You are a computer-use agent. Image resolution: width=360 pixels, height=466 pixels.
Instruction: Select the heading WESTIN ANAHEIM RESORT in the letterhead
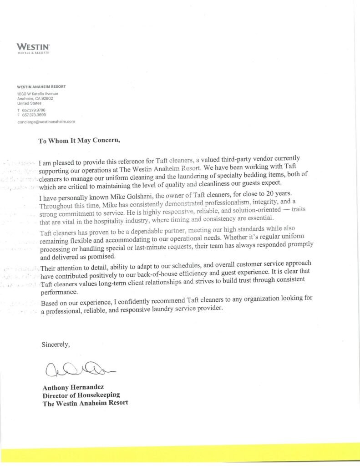[x=41, y=86]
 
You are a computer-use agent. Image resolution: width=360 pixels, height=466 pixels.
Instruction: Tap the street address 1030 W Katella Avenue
[x=37, y=94]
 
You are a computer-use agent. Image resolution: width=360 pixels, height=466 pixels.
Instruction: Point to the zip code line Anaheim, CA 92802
[x=35, y=99]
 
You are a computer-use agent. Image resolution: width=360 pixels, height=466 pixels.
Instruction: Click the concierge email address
[x=46, y=122]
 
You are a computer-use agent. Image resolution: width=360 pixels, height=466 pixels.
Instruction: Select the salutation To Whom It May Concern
[x=79, y=141]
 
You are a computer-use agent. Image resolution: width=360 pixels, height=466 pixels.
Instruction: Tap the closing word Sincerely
[x=56, y=344]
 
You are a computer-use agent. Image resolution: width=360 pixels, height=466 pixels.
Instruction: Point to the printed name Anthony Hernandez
[x=71, y=388]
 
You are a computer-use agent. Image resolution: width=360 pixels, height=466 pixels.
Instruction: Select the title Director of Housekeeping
[x=81, y=395]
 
